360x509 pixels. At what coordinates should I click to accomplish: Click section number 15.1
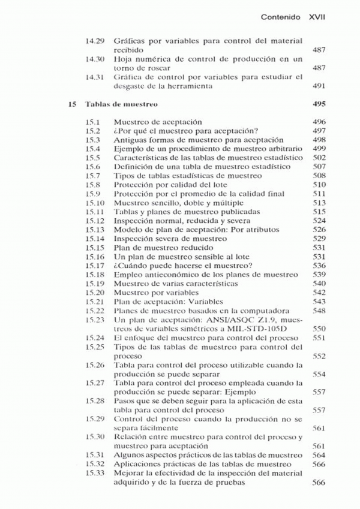click(x=92, y=121)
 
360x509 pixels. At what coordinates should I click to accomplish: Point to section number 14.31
click(x=96, y=77)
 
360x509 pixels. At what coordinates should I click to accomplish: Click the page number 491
click(x=319, y=86)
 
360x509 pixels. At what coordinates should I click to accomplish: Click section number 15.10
click(x=95, y=203)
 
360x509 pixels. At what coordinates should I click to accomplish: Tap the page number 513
click(x=319, y=203)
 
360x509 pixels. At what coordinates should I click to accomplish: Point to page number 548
click(x=319, y=311)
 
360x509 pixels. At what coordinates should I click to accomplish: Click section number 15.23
click(x=95, y=320)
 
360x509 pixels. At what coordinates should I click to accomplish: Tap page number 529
click(x=319, y=238)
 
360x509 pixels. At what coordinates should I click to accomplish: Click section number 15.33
click(x=95, y=474)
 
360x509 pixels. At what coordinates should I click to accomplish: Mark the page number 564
click(x=319, y=456)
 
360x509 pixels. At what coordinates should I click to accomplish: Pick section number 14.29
click(x=96, y=41)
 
